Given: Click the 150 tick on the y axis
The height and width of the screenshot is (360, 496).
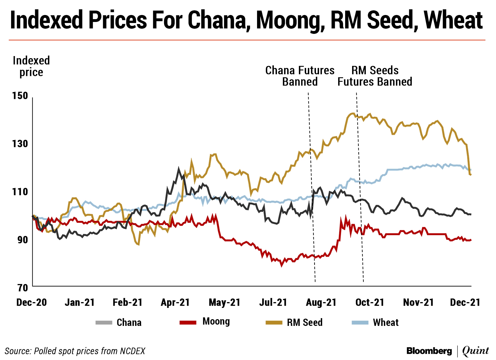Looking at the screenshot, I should pyautogui.click(x=20, y=96).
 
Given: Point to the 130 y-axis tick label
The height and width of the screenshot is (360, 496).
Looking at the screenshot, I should pyautogui.click(x=20, y=144).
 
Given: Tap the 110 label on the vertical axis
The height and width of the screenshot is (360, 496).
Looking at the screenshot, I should pyautogui.click(x=20, y=192).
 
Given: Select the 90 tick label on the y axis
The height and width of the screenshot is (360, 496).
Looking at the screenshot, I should pyautogui.click(x=22, y=240).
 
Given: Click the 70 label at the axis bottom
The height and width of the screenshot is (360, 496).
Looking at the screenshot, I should pyautogui.click(x=23, y=288).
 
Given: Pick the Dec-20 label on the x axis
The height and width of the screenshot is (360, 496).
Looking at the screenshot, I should pyautogui.click(x=32, y=302).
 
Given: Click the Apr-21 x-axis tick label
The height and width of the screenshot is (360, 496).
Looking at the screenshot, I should pyautogui.click(x=175, y=302).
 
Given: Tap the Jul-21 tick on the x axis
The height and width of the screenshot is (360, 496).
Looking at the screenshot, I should pyautogui.click(x=273, y=302).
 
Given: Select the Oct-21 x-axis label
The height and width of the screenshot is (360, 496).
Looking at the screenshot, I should pyautogui.click(x=370, y=302).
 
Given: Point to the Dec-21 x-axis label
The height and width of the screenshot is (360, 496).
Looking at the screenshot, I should pyautogui.click(x=465, y=302).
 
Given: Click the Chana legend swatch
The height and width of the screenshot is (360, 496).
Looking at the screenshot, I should pyautogui.click(x=104, y=323).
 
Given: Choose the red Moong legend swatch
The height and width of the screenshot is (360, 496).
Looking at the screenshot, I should pyautogui.click(x=188, y=323).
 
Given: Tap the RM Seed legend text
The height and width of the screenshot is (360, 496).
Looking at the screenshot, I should pyautogui.click(x=305, y=323).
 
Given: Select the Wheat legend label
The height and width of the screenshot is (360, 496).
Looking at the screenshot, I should pyautogui.click(x=386, y=323).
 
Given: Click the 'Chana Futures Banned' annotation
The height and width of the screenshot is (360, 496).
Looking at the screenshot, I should pyautogui.click(x=300, y=76).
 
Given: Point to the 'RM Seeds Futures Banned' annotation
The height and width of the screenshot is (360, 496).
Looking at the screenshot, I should pyautogui.click(x=375, y=76).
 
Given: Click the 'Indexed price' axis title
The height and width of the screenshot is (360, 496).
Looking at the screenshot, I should pyautogui.click(x=31, y=66).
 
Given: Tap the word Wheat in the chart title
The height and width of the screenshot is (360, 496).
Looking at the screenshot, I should pyautogui.click(x=453, y=20).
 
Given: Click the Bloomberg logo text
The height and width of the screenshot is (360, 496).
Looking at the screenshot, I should pyautogui.click(x=429, y=351).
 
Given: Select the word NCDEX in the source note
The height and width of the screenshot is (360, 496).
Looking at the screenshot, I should pyautogui.click(x=133, y=351).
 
